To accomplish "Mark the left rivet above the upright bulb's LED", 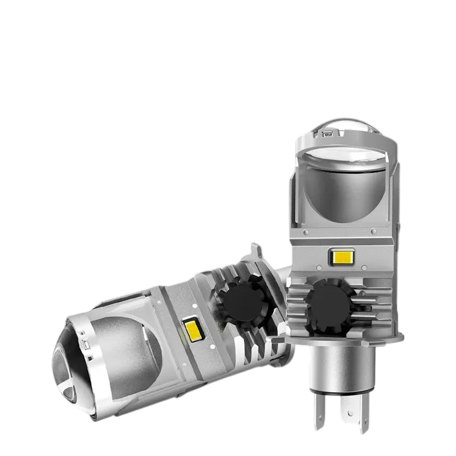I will click(x=307, y=234).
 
